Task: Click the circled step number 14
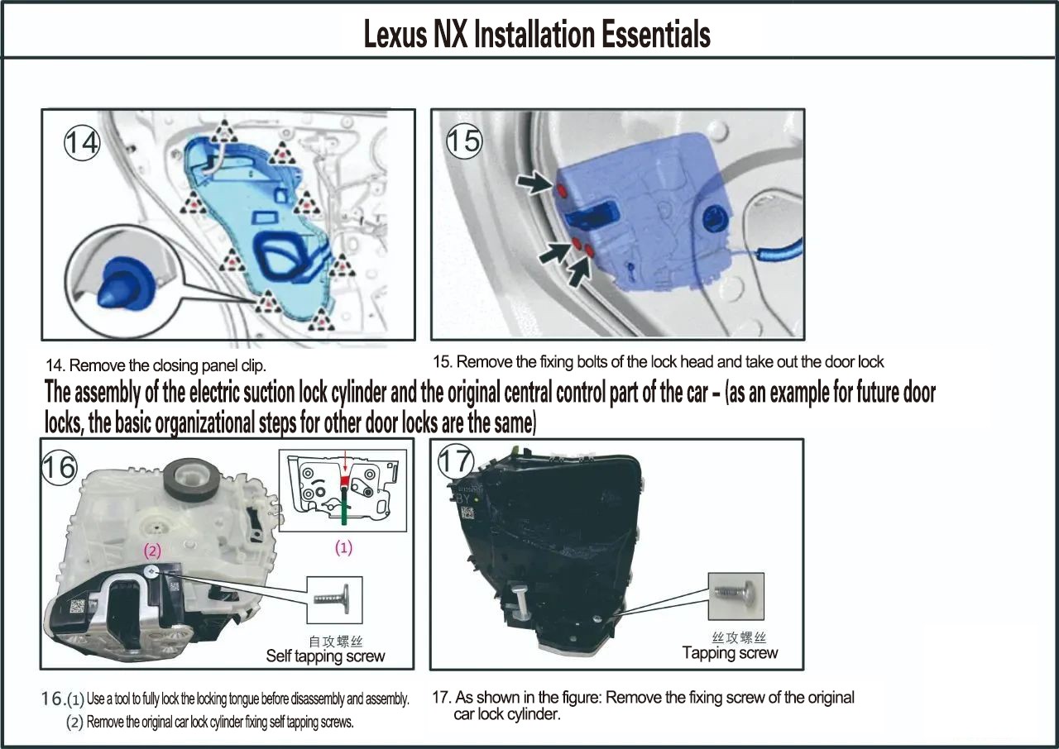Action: tap(82, 143)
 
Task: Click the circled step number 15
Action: tap(464, 141)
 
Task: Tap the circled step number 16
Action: tap(59, 468)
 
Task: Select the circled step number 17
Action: tap(456, 461)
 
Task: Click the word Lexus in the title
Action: tap(395, 35)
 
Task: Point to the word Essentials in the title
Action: tap(656, 35)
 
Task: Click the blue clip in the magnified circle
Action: tap(125, 284)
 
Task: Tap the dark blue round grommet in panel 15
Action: tap(716, 219)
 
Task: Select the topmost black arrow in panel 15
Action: tap(534, 183)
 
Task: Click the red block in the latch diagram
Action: tap(345, 482)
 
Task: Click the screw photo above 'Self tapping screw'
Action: tap(335, 599)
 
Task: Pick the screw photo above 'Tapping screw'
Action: tap(736, 596)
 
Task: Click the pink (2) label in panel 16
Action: tap(152, 551)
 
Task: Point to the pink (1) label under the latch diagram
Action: tap(343, 548)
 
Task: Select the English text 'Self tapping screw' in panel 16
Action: tap(325, 656)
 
